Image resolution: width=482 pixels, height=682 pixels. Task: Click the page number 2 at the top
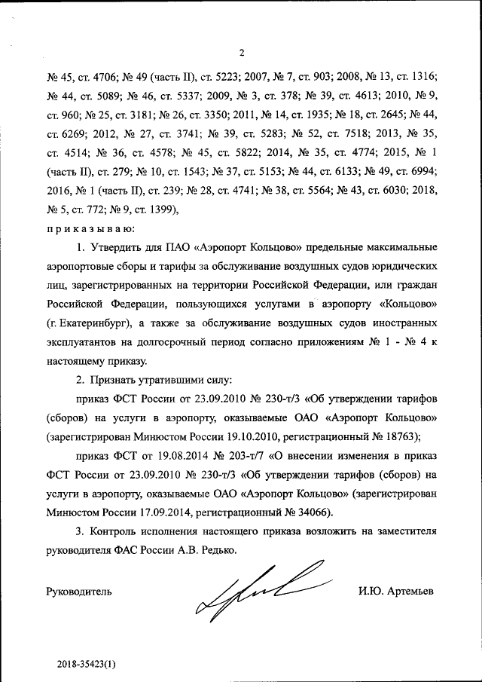coord(242,53)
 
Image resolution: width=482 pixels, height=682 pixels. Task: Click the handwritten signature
coord(256,592)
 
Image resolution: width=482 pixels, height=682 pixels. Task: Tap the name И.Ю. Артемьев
coord(397,591)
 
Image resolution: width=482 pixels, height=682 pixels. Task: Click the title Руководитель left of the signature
coord(79,592)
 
